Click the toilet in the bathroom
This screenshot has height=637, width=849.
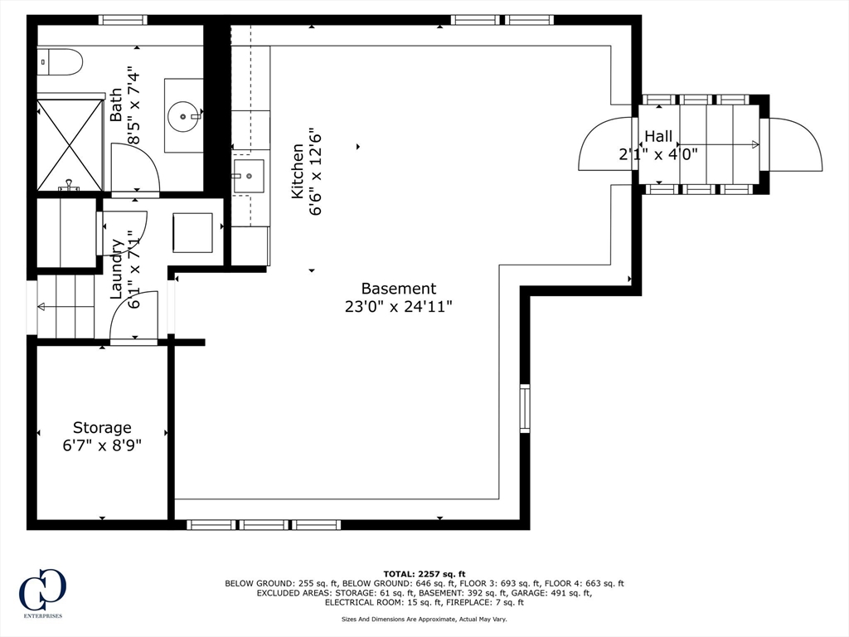tap(60, 62)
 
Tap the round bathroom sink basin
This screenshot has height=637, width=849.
tap(184, 116)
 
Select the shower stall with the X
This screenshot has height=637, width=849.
tap(70, 144)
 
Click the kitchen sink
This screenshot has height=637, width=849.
tap(249, 176)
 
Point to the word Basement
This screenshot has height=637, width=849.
tap(399, 288)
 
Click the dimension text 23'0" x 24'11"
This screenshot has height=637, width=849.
tap(399, 307)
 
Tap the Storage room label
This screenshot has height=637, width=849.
tap(102, 427)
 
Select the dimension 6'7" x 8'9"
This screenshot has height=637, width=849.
tap(102, 445)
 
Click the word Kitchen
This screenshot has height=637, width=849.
tap(298, 171)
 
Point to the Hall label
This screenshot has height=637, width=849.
tap(658, 136)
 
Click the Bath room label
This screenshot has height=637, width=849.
tap(116, 105)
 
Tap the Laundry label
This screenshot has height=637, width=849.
tap(116, 270)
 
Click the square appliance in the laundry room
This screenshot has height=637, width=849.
tap(192, 232)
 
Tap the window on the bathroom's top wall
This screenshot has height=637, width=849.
tap(123, 20)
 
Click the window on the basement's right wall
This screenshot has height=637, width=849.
tap(525, 408)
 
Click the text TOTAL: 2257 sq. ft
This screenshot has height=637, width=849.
tap(424, 574)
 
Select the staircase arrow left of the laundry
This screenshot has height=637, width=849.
tap(65, 307)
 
